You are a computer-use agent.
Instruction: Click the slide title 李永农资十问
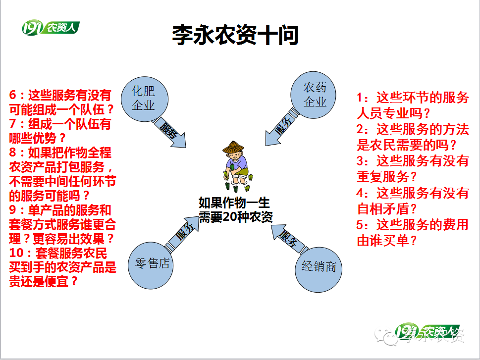pos(235,35)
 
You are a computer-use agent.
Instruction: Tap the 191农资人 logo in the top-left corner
pos(51,28)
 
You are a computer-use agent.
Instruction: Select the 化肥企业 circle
pos(145,99)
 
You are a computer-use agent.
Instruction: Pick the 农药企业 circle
pos(313,95)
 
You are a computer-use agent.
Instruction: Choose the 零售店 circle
pos(151,265)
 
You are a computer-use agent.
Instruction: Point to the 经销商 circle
pos(319,269)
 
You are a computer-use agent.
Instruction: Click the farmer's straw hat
pos(233,147)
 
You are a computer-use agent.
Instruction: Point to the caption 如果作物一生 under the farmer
pos(234,203)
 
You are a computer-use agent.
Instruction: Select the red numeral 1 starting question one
pos(360,98)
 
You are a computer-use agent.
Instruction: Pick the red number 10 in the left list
pos(16,253)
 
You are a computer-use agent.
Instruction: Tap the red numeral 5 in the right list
pos(360,225)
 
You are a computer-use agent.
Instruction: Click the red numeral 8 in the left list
pos(12,153)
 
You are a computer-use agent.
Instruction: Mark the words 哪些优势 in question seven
pos(33,138)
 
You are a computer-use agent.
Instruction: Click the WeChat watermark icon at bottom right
pos(385,336)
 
